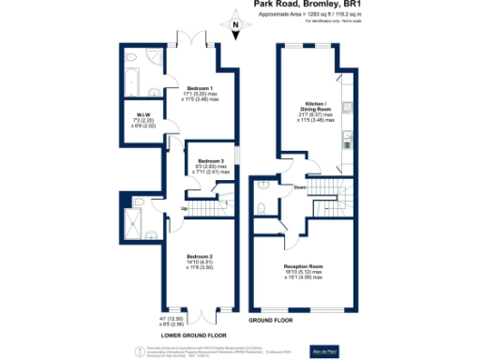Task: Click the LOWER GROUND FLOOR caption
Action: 193,335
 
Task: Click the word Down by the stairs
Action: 300,187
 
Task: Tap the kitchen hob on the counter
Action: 348,141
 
